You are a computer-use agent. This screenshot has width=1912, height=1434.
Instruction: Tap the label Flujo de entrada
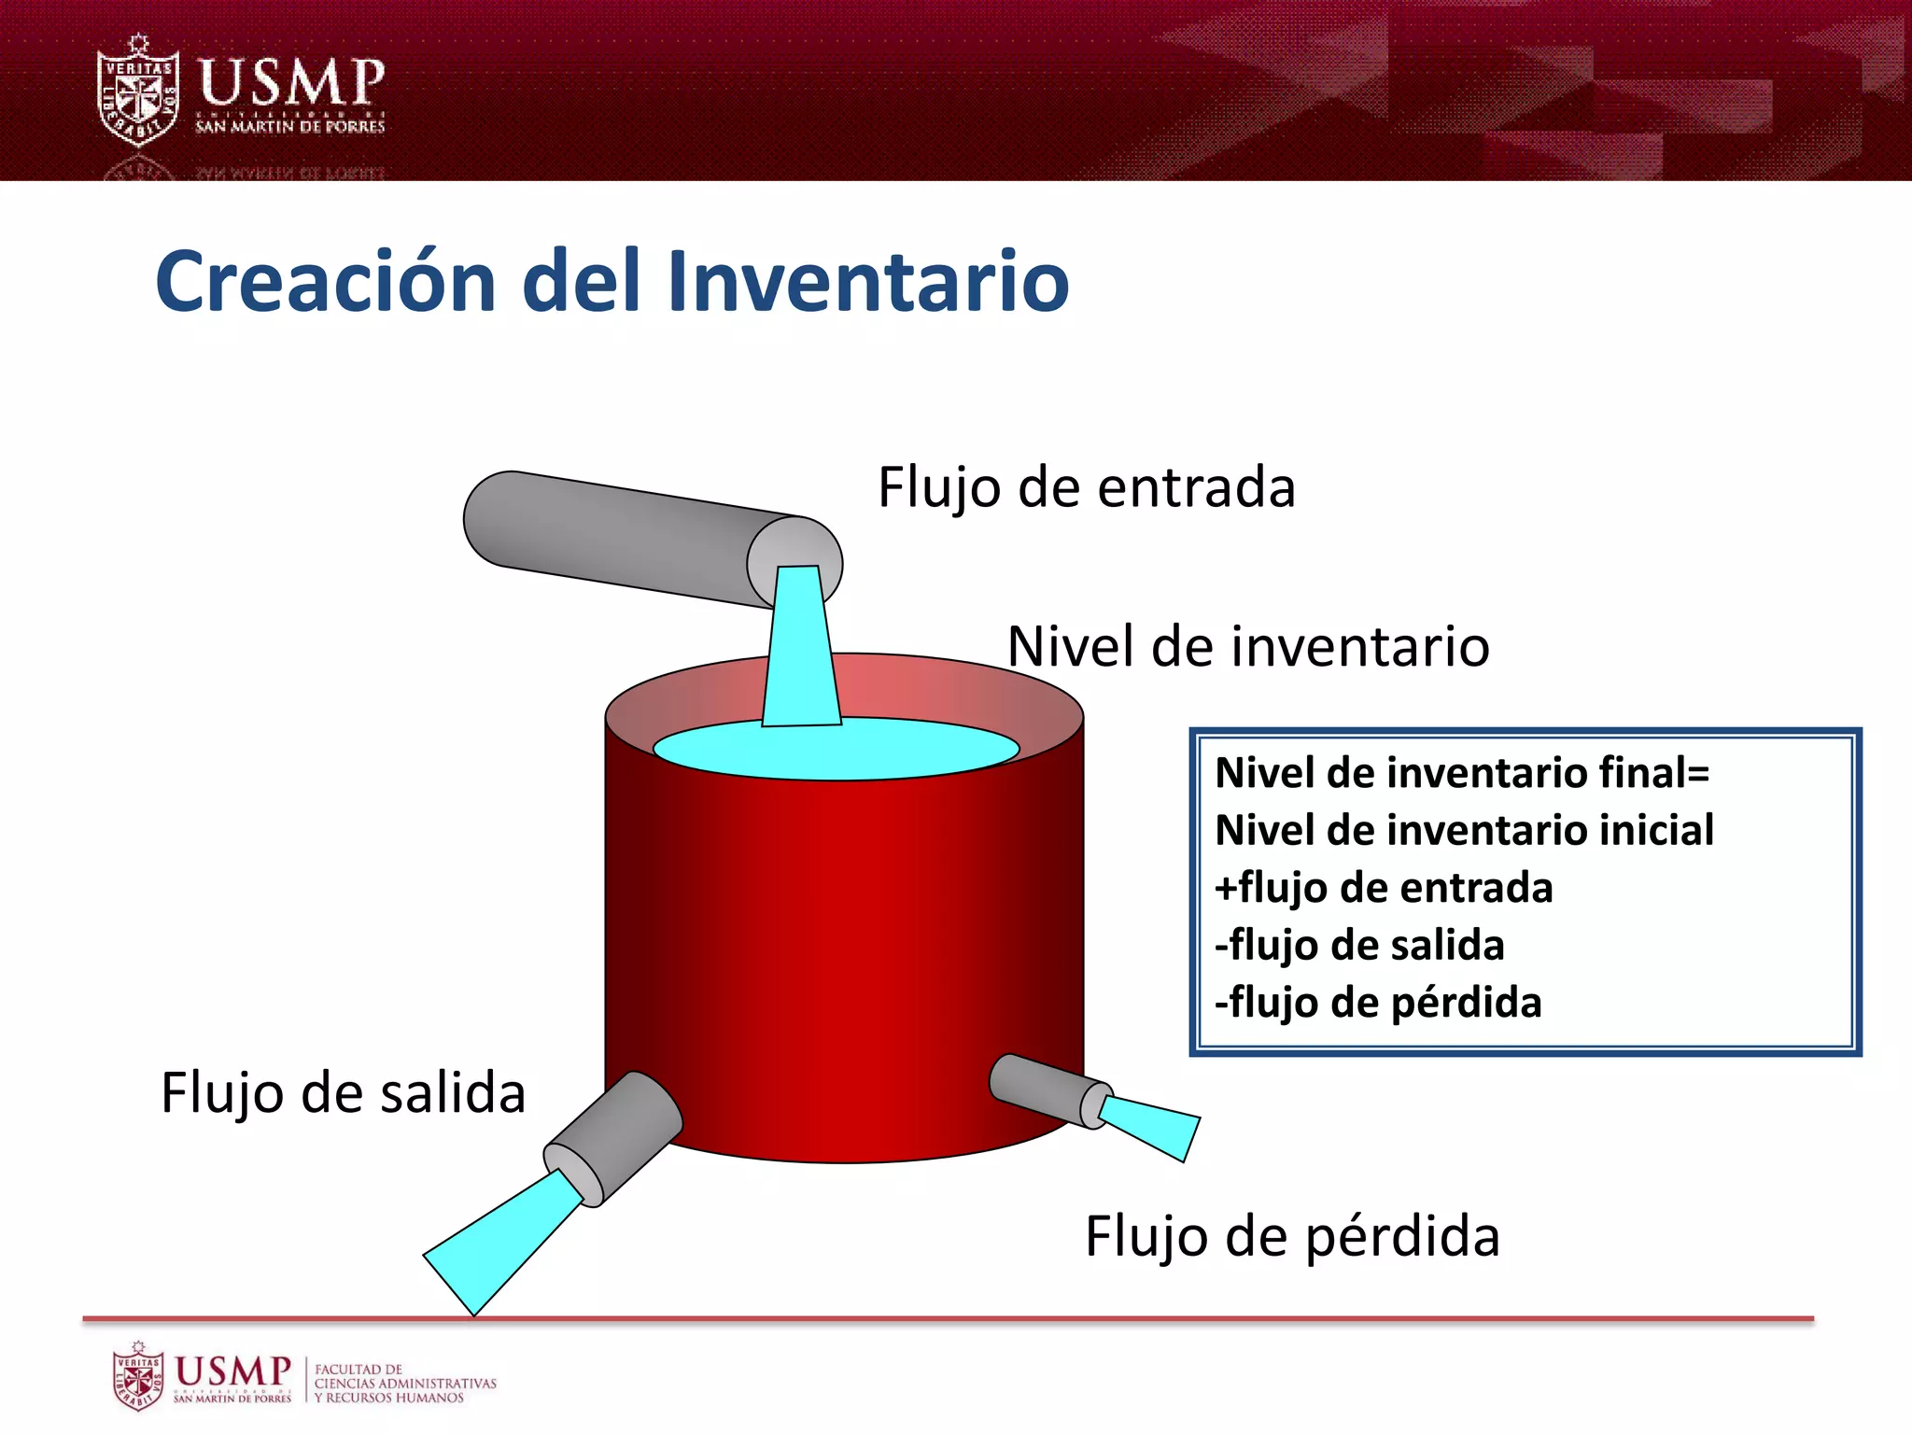pos(1087,488)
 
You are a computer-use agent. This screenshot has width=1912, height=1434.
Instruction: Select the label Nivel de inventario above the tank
pos(1248,647)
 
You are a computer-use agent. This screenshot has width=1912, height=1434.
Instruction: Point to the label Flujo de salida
pos(343,1093)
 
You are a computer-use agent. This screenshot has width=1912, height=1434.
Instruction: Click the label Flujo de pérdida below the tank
pos(1292,1237)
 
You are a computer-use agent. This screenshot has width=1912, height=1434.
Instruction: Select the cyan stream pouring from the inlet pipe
pos(800,654)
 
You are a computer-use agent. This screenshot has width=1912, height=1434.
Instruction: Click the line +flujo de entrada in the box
pos(1384,888)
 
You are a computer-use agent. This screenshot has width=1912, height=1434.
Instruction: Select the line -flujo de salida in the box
pos(1359,946)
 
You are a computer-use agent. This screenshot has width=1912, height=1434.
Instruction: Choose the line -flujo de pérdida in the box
pos(1378,1003)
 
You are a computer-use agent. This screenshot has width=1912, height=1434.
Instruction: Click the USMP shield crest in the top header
pos(138,91)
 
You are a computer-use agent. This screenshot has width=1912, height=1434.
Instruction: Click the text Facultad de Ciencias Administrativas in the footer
pos(404,1384)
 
